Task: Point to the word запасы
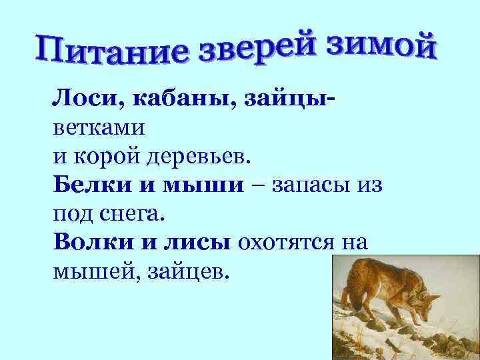307,185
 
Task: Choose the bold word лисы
193,243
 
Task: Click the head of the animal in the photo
427,304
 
